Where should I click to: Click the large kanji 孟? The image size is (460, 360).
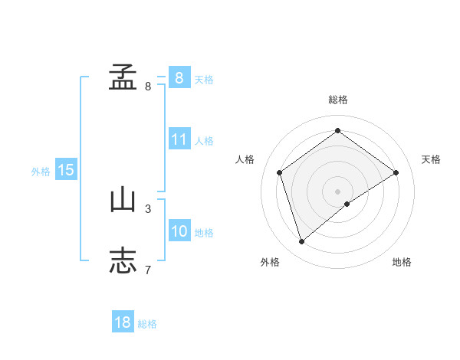point(123,77)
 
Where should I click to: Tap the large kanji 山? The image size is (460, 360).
point(123,200)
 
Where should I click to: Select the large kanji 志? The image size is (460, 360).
point(123,260)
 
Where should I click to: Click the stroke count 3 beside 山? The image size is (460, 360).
point(148,208)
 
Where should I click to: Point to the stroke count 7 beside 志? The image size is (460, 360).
point(148,269)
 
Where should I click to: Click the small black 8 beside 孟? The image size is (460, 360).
point(148,86)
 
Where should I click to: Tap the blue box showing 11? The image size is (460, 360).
point(179,139)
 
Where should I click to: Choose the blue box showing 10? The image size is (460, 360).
point(179,231)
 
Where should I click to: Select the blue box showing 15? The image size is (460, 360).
point(66,170)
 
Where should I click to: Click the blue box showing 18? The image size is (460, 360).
point(123,322)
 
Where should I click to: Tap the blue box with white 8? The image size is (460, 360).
point(179,77)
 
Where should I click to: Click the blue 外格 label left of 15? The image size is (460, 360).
point(41,172)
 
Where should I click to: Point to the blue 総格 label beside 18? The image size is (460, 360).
point(147,324)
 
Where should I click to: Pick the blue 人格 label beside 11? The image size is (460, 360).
point(204,141)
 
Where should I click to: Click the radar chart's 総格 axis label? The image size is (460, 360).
point(337,100)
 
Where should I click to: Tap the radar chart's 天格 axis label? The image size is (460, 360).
point(431,159)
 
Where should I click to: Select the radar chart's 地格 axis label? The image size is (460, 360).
point(402,262)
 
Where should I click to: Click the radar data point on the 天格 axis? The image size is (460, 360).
point(396,172)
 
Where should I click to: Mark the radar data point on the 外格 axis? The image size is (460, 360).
point(302,242)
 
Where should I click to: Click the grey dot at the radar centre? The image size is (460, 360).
point(337,191)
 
